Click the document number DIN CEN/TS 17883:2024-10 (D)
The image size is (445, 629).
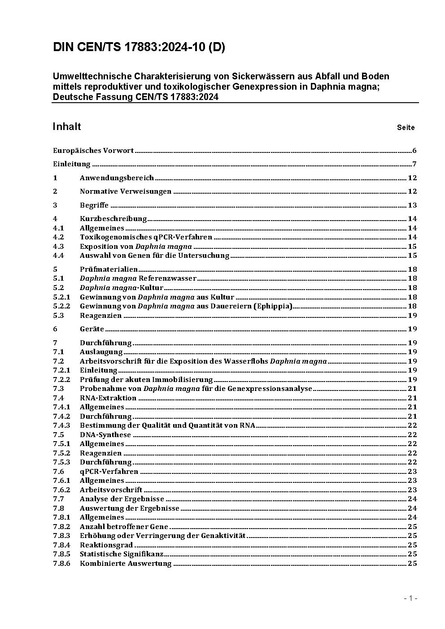139,48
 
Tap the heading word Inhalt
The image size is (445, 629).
66,126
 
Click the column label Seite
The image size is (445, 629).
406,128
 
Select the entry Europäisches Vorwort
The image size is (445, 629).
93,151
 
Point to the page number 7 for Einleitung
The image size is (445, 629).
414,164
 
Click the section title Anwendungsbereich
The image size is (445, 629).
117,178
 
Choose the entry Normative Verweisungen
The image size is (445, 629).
126,191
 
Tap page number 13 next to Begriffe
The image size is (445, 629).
412,205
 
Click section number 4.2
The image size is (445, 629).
58,237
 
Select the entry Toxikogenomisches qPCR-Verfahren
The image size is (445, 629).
146,237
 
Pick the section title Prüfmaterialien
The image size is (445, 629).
109,269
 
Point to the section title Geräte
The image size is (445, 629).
92,329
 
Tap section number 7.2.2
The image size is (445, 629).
61,380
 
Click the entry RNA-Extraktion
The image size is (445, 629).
108,398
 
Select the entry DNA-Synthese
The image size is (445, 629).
105,435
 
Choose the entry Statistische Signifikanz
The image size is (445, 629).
122,554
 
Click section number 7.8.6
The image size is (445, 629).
61,564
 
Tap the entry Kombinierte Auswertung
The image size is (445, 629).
126,564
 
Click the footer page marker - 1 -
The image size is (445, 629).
410,599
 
